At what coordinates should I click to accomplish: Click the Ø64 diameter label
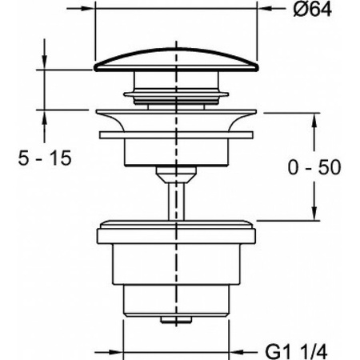pyautogui.click(x=313, y=10)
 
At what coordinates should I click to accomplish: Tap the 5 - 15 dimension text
pyautogui.click(x=45, y=158)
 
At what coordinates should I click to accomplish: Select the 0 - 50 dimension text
pyautogui.click(x=314, y=167)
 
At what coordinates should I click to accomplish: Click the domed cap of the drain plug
pyautogui.click(x=176, y=60)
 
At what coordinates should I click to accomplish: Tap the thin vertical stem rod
pyautogui.click(x=176, y=202)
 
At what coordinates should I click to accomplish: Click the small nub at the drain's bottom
pyautogui.click(x=176, y=320)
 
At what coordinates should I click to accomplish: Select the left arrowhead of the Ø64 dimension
pyautogui.click(x=88, y=9)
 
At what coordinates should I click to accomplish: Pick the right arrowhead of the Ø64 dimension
pyautogui.click(x=264, y=9)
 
